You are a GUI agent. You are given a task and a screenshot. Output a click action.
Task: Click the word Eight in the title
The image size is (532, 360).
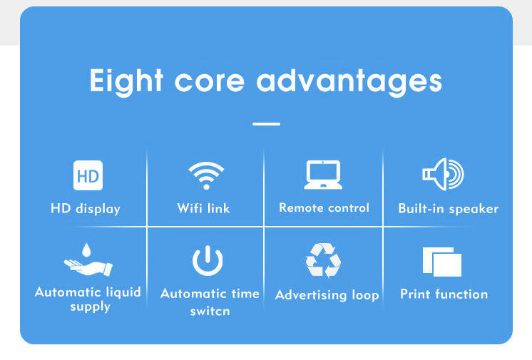coord(126,81)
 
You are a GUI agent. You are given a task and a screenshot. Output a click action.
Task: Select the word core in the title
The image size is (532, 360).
coord(210,81)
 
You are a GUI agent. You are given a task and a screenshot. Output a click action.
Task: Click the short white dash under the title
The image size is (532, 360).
coord(266,124)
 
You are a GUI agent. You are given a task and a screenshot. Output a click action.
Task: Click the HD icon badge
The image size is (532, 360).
coord(88,175)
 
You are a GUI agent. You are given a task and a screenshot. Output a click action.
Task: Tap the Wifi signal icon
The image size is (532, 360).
coord(206,175)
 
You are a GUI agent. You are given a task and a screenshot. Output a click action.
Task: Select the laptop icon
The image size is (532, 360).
coord(323,175)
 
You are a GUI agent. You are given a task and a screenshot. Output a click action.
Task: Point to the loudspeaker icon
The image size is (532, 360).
coord(443,174)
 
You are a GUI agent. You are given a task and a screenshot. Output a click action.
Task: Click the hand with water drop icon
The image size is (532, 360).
coord(88,259)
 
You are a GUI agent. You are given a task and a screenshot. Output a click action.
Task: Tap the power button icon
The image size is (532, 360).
coord(208,260)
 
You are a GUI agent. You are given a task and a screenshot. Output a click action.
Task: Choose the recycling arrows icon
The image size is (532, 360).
coord(323,260)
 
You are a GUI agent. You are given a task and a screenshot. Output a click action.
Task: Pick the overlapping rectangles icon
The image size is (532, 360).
coord(442,262)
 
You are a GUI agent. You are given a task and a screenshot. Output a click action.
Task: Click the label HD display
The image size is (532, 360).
coord(86,208)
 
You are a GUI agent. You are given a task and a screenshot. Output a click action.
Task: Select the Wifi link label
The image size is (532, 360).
coord(203,208)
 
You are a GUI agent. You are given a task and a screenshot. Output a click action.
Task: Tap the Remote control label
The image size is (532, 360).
coord(324,207)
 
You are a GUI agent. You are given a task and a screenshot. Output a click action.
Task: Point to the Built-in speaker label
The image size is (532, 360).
coord(448,208)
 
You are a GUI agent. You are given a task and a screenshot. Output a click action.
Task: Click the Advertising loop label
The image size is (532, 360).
coord(327,294)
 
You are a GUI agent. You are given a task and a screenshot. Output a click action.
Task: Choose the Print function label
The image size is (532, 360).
coord(444,294)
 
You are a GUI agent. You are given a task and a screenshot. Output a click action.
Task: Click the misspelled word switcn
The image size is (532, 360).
coord(210,311)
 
